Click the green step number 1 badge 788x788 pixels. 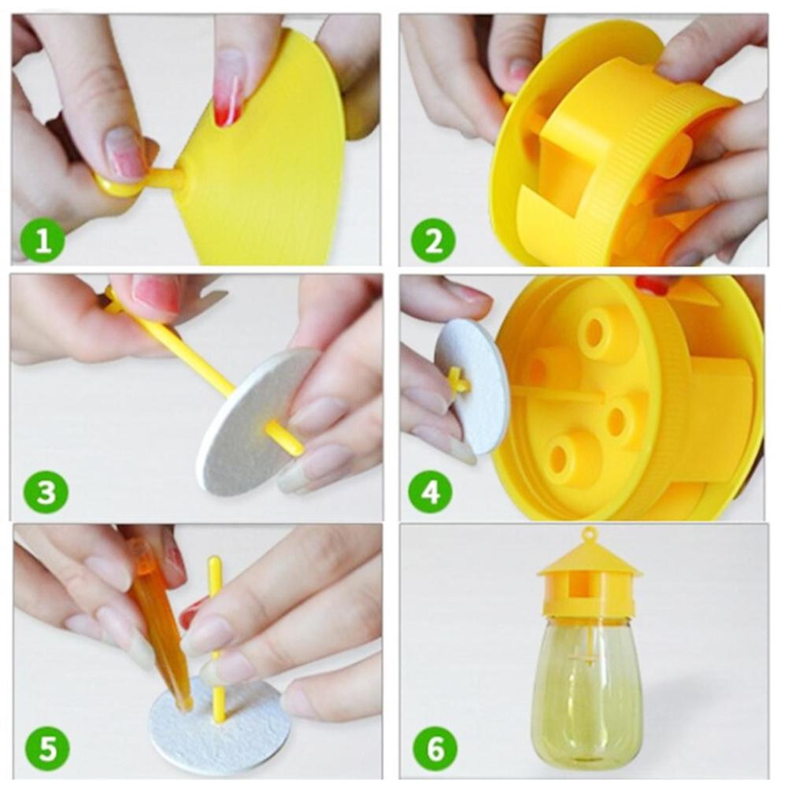[39, 241]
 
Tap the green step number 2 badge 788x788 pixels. [433, 241]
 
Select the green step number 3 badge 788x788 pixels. [46, 492]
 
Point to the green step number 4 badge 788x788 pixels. [430, 492]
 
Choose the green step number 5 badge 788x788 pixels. [46, 748]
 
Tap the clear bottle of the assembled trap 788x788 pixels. [586, 693]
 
